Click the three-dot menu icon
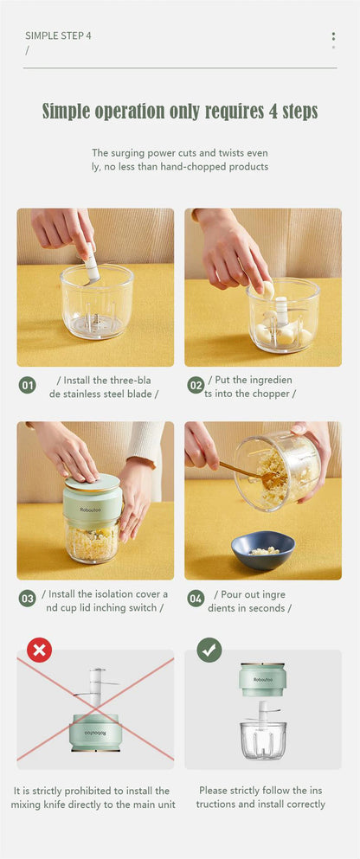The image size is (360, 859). coord(333,40)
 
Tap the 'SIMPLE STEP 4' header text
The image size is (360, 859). coord(58,35)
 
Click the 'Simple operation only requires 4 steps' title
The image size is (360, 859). coord(180,112)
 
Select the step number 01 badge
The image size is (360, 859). coord(28,386)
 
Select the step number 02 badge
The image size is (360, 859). coord(196,386)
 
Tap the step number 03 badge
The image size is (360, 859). coord(28,599)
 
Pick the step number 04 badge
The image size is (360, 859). coord(196,599)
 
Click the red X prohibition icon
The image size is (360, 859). coord(39,650)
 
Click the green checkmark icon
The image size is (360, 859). coord(209,650)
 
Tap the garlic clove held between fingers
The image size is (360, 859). coord(267,290)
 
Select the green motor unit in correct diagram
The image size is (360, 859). coord(263,680)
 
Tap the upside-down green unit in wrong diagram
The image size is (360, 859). coord(95,731)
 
